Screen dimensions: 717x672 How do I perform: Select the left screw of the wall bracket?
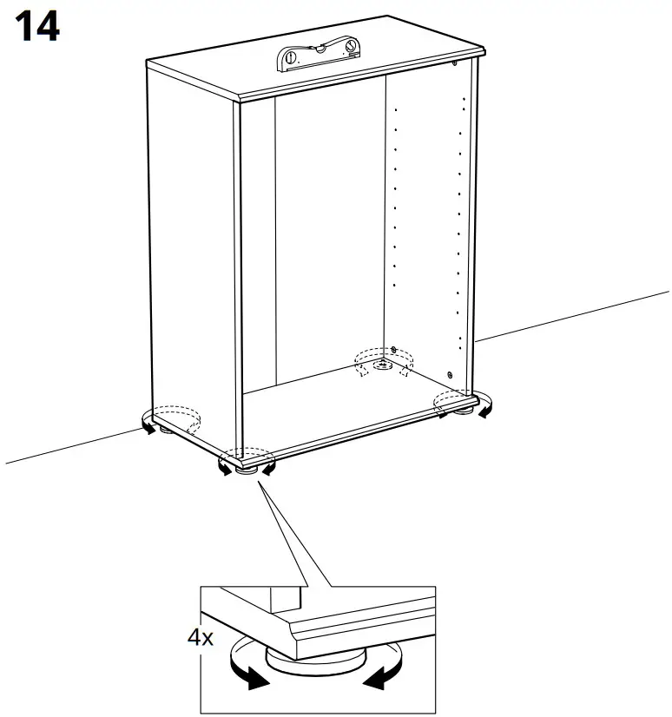coord(292,59)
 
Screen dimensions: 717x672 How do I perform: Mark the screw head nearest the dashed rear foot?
coord(395,350)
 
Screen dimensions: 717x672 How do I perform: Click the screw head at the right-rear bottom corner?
coord(450,374)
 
